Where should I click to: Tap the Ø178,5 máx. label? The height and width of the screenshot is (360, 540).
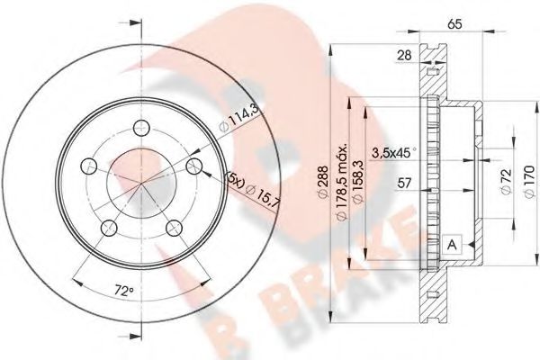pos(343,176)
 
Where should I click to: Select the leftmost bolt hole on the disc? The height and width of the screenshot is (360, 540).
pos(88,165)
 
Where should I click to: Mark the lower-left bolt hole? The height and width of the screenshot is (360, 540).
pos(108,225)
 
